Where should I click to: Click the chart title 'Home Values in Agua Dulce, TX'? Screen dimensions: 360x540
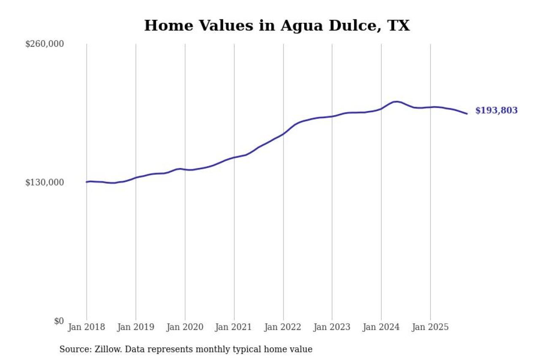coord(277,26)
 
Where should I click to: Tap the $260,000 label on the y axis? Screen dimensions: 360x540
coord(44,44)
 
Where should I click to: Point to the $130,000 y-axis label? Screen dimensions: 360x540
coord(44,182)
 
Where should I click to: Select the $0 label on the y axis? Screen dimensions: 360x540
coord(59,321)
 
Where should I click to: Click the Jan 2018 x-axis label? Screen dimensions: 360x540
coord(86,327)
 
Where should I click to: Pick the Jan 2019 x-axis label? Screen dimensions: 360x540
coord(135,327)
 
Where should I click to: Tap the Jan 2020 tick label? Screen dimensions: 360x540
coord(185,327)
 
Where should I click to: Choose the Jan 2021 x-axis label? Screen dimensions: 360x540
coord(234,327)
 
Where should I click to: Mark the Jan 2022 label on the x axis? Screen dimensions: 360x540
coord(283,327)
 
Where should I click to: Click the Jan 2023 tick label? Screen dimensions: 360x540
coord(332,327)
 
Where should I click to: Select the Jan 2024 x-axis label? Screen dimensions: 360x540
coord(381,327)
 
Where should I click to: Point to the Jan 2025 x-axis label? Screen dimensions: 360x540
coord(430,327)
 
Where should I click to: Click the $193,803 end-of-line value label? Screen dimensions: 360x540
coord(496,111)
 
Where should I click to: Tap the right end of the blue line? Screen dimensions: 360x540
coord(467,114)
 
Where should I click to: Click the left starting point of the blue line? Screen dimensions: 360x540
coord(86,182)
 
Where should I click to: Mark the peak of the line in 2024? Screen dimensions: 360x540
coord(396,102)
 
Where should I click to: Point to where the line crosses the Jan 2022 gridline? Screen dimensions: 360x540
coord(283,134)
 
